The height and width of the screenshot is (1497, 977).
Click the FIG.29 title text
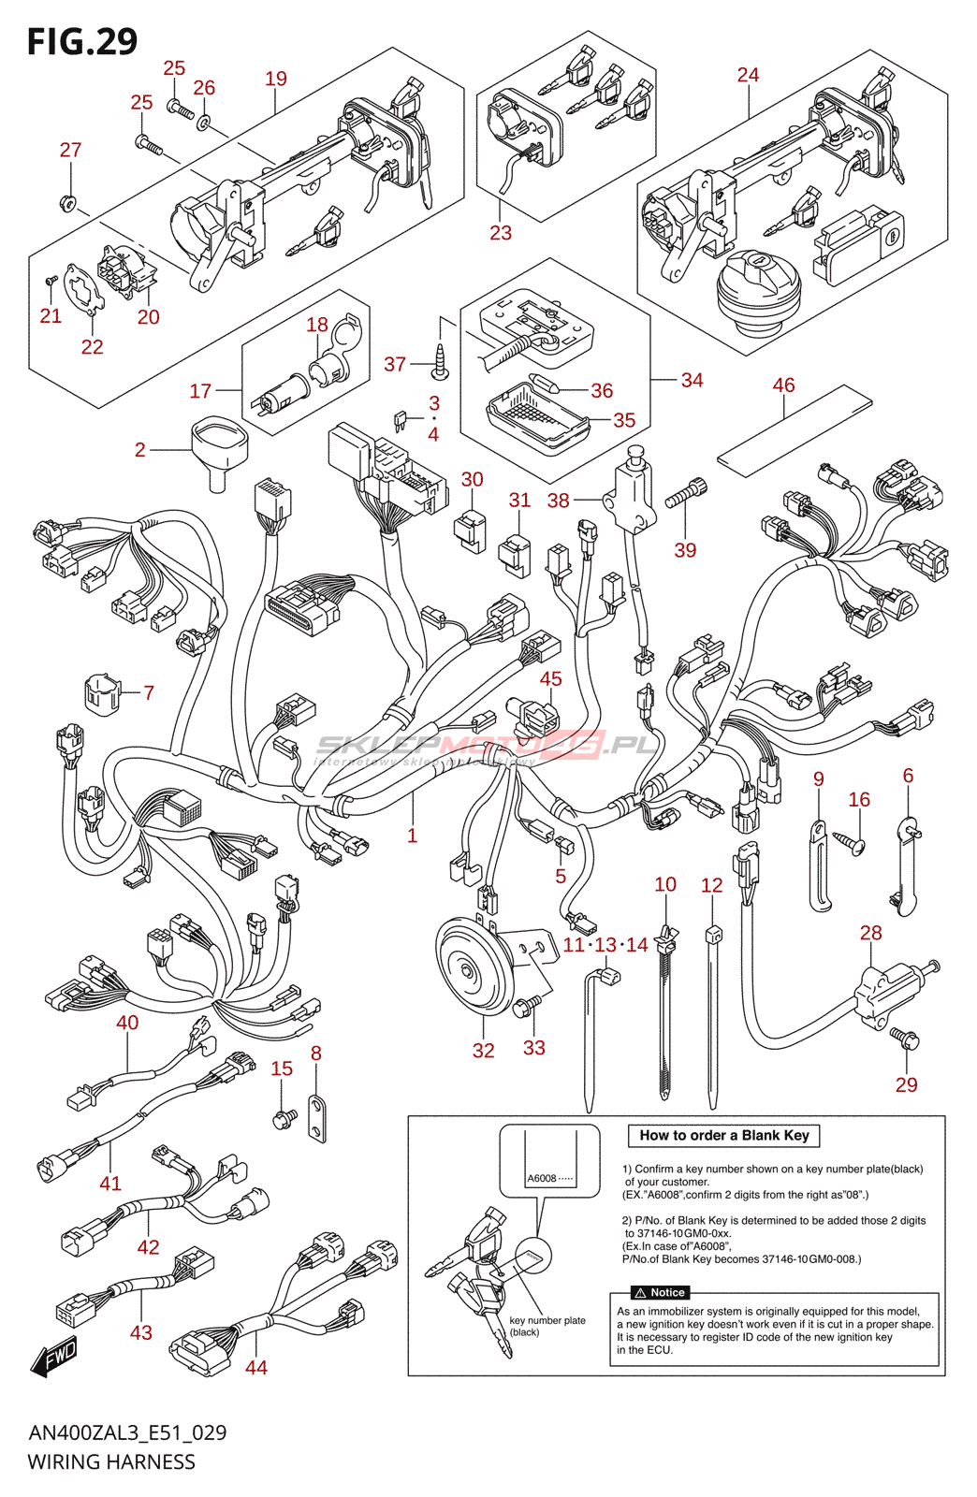[x=82, y=41]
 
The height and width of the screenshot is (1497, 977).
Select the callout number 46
[x=783, y=385]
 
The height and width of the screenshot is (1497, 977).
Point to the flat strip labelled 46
[x=795, y=426]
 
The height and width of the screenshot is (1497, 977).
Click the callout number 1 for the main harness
[x=412, y=836]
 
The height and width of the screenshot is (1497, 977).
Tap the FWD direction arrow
[x=53, y=1358]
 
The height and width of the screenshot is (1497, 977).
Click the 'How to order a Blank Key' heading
[x=723, y=1136]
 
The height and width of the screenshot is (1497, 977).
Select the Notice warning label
[x=660, y=1292]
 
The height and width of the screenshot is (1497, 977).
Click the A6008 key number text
[x=542, y=1178]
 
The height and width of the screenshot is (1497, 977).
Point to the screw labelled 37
[x=439, y=359]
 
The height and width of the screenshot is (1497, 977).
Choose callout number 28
[x=870, y=933]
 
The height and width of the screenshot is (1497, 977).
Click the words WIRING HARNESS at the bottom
[x=111, y=1461]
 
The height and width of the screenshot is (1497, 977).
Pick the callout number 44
[x=256, y=1367]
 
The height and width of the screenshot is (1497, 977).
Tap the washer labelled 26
[x=204, y=122]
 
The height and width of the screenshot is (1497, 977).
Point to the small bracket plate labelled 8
[x=317, y=1117]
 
